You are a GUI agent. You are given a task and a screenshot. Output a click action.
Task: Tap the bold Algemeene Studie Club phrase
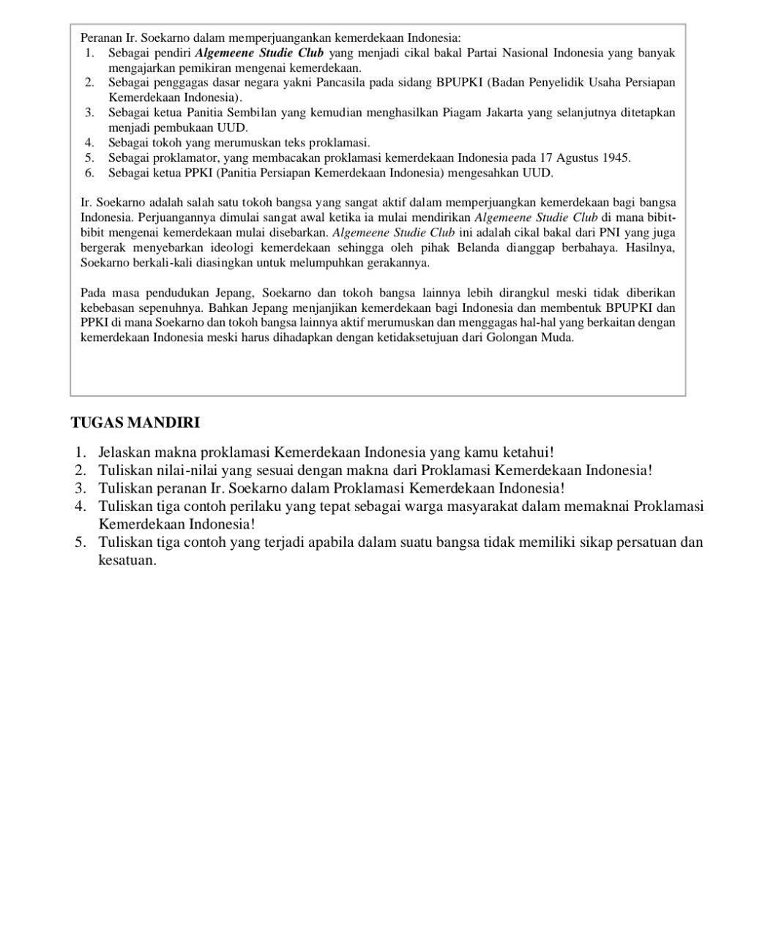(259, 53)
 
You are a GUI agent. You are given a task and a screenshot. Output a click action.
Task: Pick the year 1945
(616, 157)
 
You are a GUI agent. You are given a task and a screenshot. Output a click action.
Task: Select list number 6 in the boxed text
(89, 173)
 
